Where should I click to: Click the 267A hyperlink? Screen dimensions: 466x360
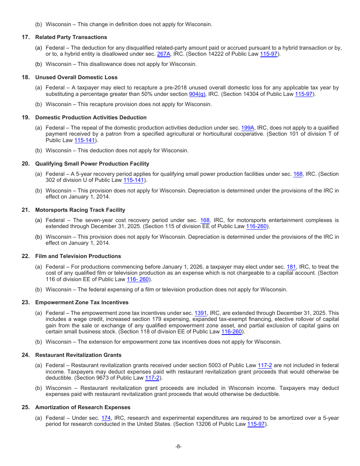pos(164,54)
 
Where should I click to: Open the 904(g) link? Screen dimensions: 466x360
pos(197,94)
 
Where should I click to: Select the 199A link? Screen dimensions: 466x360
pos(247,128)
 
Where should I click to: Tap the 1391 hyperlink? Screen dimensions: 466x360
pos(200,313)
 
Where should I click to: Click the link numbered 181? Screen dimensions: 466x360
pos(291,267)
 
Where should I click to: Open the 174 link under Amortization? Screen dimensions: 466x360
pos(106,418)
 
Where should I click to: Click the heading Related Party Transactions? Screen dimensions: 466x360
pos(71,37)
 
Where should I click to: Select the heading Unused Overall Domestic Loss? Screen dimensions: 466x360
pos(76,77)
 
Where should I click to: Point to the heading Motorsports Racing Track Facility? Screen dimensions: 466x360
pos(80,210)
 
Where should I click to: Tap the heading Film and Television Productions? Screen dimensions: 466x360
pos(78,256)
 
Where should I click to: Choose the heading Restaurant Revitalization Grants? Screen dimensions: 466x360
pos(78,355)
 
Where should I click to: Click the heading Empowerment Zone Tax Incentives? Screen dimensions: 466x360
pos(82,302)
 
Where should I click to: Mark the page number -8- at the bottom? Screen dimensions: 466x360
pos(178,446)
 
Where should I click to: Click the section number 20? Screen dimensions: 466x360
pos(25,164)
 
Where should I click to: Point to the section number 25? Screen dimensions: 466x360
pos(25,407)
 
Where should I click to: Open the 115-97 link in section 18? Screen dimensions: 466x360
pos(304,94)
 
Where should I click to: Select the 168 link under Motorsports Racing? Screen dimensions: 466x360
pos(205,220)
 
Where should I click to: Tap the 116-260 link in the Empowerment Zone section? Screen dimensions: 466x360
pos(232,332)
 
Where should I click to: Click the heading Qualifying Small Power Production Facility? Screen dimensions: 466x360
pos(92,164)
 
